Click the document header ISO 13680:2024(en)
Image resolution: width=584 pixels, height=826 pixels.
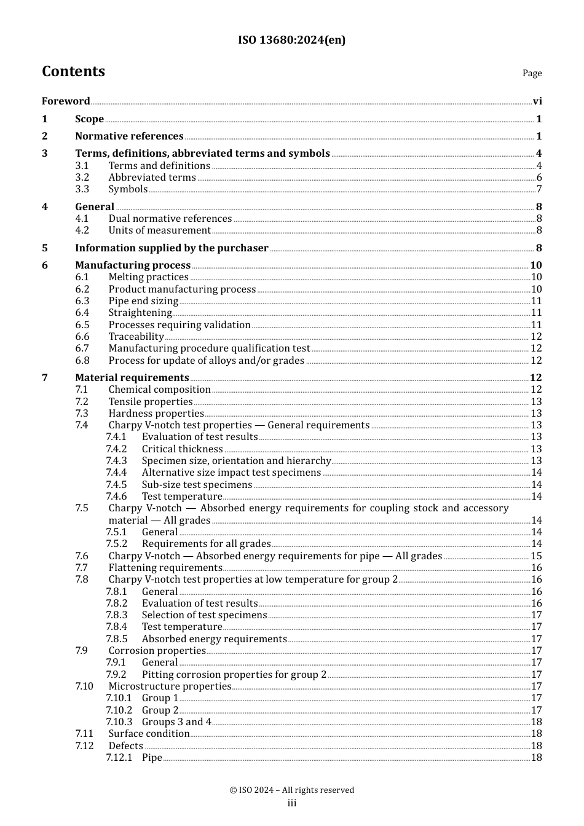[291, 40]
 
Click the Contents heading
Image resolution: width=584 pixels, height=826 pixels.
[73, 71]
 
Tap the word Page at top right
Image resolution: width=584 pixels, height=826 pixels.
[532, 73]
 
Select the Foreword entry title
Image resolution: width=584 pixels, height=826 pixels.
[66, 101]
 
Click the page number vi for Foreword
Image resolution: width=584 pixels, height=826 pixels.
[537, 101]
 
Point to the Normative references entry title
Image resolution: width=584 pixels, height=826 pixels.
[129, 136]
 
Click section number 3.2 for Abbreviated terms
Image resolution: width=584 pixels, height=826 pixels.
[82, 178]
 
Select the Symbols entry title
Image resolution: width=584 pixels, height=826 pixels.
[128, 189]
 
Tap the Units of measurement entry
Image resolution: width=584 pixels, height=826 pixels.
[159, 230]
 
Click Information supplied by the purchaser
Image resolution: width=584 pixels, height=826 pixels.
[172, 248]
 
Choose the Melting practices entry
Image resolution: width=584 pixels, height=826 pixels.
[148, 277]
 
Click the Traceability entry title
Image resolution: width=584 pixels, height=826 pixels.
[136, 337]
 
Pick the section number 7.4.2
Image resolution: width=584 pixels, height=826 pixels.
[116, 449]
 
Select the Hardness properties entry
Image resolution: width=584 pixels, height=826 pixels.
[156, 414]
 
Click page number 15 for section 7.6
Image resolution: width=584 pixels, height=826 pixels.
[536, 556]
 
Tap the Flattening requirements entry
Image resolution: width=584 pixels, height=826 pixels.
[165, 568]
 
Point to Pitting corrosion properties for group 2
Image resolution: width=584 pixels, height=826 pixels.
[234, 675]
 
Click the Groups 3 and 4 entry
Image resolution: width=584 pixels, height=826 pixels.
[176, 722]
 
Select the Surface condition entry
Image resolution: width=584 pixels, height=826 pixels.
[149, 734]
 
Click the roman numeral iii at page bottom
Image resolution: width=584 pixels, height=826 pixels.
[292, 803]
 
